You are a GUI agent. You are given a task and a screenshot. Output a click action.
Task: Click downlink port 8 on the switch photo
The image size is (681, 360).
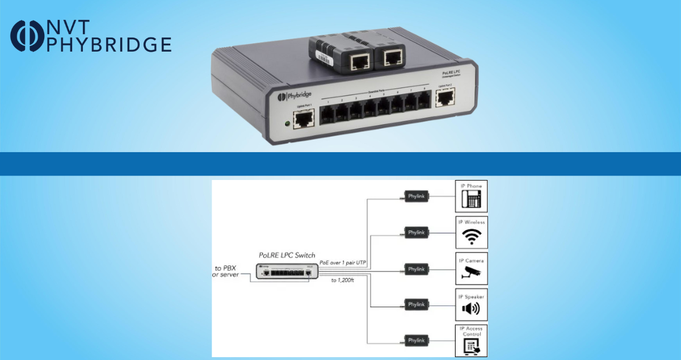coord(423,103)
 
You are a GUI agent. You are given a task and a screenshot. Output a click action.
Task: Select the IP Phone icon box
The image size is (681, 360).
coord(471,196)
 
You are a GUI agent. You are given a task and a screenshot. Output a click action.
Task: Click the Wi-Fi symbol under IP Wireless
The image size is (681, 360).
coord(471,237)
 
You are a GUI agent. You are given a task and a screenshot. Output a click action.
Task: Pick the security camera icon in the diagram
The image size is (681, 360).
coord(471,273)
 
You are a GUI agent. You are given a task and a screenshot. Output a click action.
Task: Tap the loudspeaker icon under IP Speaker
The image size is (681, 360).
coord(471,308)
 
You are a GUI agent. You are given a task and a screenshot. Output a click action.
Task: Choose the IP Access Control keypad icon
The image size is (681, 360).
coord(471,345)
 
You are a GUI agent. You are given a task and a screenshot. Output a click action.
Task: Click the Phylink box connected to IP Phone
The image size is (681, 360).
coord(416,196)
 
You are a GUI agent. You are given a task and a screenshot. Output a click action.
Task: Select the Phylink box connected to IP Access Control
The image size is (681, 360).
coord(416,341)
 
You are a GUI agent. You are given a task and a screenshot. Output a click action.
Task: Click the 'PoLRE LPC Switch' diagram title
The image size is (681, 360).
coord(287,255)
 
